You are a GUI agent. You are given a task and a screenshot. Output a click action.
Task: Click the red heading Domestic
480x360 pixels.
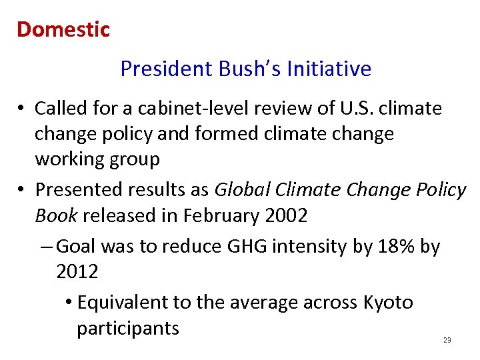[x=63, y=29]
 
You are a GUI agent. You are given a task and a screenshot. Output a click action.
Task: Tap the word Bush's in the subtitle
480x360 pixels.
[x=238, y=69]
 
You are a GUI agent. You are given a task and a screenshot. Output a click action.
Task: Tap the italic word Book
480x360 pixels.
[x=56, y=216]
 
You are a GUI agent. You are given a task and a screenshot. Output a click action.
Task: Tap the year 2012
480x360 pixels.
[x=77, y=272]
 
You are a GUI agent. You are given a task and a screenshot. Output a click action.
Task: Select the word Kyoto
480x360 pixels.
[x=388, y=303]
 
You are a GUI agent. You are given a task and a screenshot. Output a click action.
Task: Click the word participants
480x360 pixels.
[x=128, y=329]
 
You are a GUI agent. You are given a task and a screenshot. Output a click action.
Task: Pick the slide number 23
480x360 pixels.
[x=447, y=341]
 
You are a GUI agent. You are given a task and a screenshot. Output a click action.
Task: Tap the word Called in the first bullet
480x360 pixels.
[x=60, y=108]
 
